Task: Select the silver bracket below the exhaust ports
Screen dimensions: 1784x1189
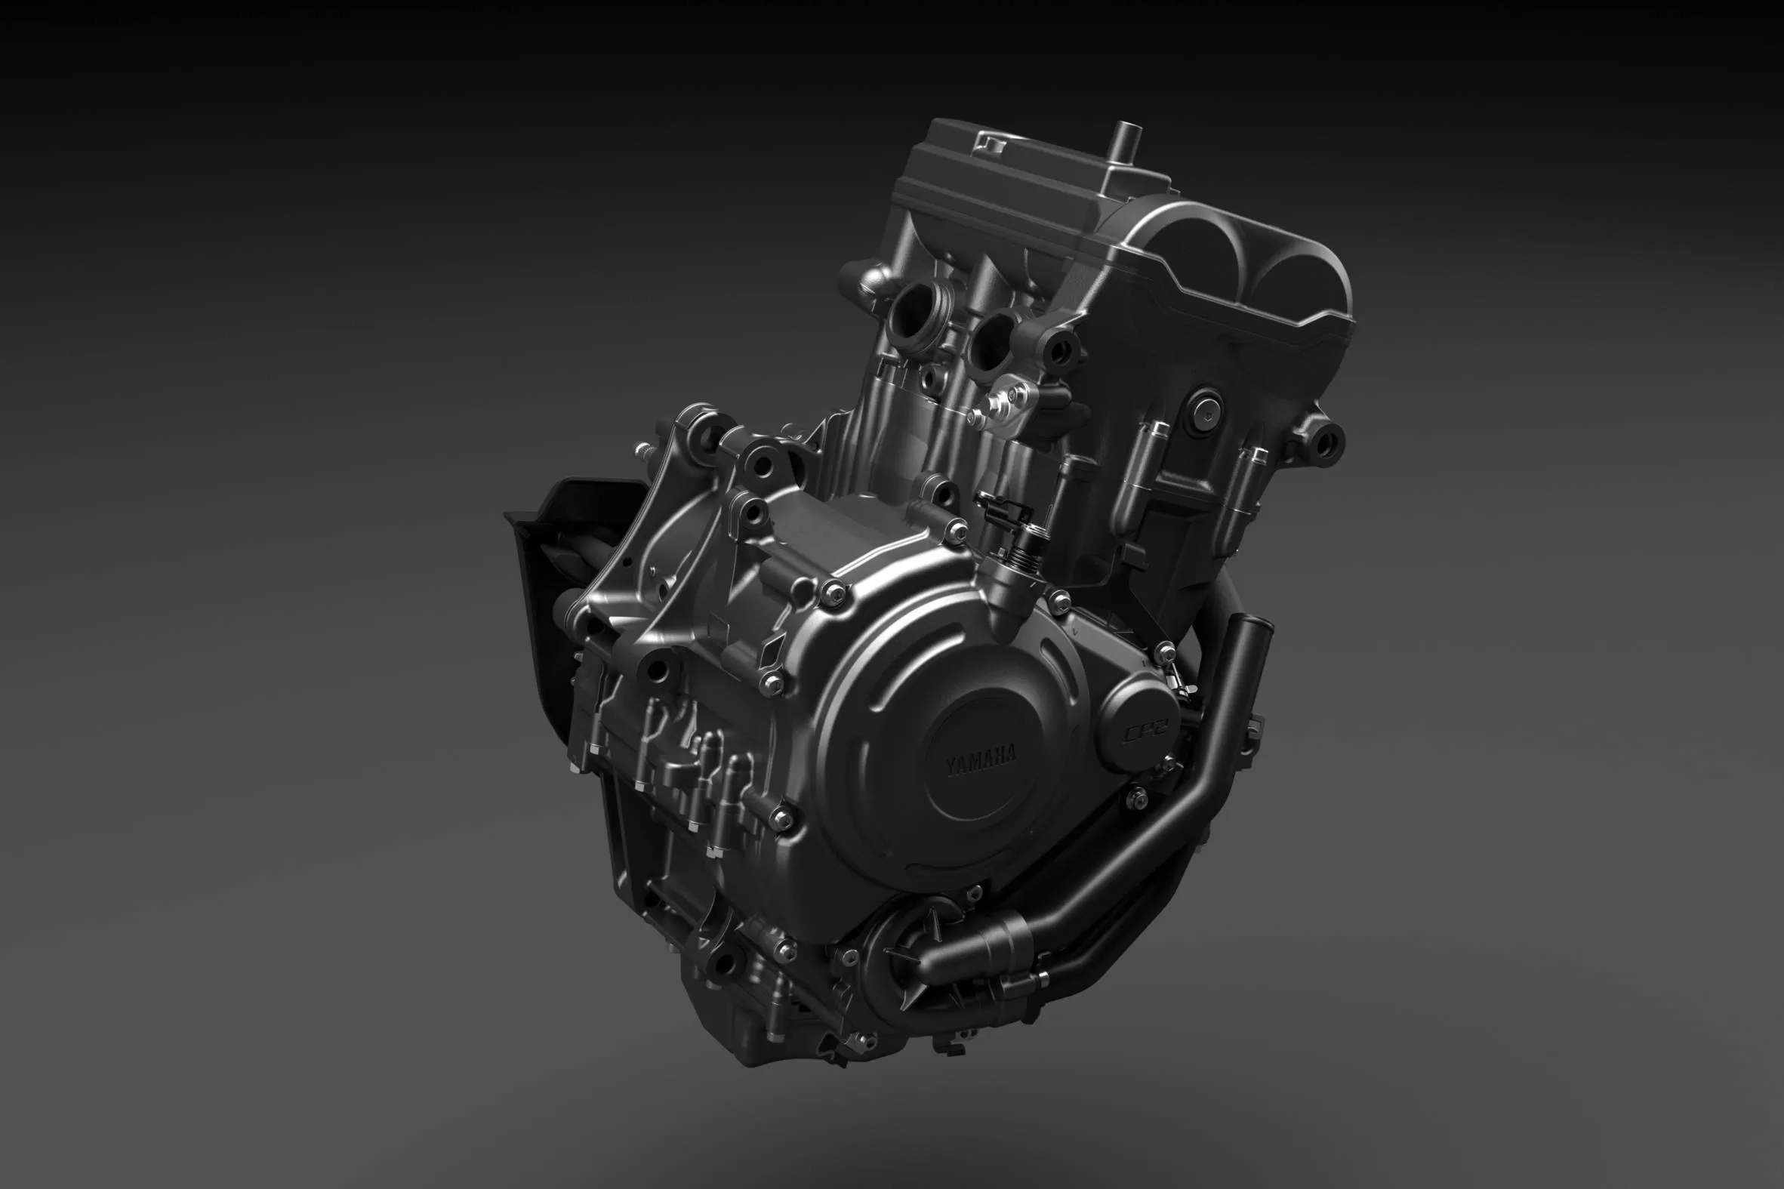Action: pyautogui.click(x=1013, y=402)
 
